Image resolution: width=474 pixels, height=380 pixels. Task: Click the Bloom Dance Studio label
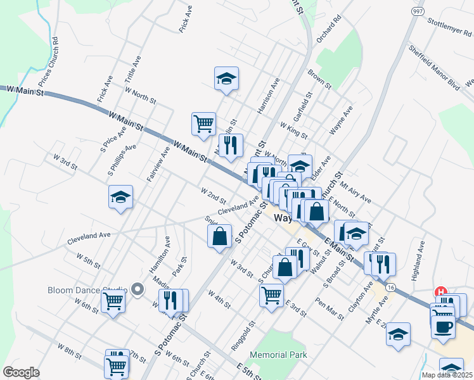[87, 291]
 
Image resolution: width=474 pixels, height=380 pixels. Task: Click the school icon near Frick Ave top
[226, 79]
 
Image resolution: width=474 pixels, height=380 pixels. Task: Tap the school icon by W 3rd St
[120, 197]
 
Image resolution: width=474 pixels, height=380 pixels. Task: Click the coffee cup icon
[443, 327]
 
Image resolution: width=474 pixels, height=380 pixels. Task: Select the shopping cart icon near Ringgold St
[271, 295]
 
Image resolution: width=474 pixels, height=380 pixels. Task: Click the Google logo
[21, 372]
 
